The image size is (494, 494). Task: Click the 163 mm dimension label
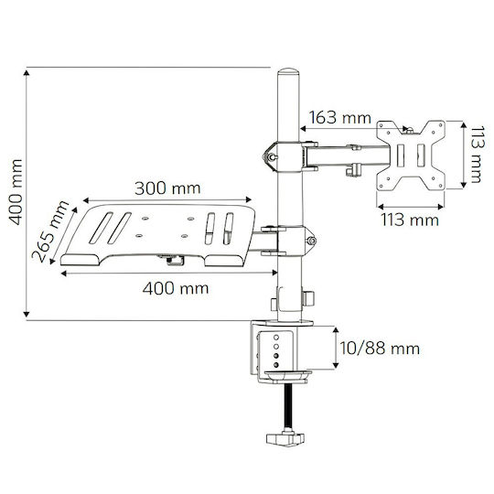point(340,118)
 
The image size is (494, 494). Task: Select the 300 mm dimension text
point(167,188)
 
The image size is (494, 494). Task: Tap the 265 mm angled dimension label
point(50,231)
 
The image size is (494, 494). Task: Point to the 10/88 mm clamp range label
point(380,349)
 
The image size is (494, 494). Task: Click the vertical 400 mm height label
point(16,192)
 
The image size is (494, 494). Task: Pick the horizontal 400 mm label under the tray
point(176,288)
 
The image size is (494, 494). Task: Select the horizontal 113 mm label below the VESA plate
point(410,220)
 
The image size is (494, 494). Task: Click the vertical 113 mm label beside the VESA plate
point(477,154)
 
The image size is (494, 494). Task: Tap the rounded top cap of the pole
point(288,71)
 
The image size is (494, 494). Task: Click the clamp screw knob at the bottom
point(285,439)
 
